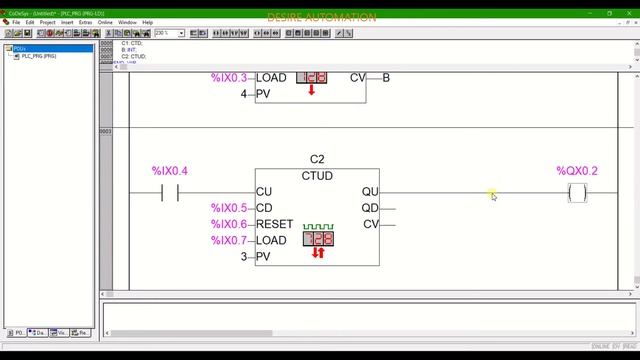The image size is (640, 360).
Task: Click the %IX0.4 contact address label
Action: tap(169, 171)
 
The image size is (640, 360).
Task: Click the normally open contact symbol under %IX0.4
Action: tap(169, 193)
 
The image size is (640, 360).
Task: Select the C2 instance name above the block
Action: tap(317, 160)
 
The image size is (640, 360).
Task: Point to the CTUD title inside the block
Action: tap(317, 176)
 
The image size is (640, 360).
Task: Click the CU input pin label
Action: tap(264, 192)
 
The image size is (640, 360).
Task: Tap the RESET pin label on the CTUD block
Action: tap(275, 224)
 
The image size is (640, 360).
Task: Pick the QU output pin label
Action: tap(370, 192)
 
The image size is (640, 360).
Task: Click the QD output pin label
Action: tap(370, 208)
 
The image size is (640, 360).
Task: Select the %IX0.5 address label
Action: tap(228, 208)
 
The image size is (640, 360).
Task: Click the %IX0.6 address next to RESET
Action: tap(228, 224)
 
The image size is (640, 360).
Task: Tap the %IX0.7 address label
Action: tap(228, 240)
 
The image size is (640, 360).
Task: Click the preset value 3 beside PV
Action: tap(243, 257)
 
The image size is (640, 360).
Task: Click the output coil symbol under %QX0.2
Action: tap(577, 193)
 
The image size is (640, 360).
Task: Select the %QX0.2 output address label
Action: tap(577, 171)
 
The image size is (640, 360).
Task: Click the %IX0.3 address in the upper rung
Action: tap(228, 78)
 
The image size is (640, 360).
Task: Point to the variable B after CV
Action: tap(386, 78)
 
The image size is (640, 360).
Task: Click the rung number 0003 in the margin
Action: tap(106, 131)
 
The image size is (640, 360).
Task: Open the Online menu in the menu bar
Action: tap(104, 22)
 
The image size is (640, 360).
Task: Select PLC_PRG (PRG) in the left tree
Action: tap(36, 56)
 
